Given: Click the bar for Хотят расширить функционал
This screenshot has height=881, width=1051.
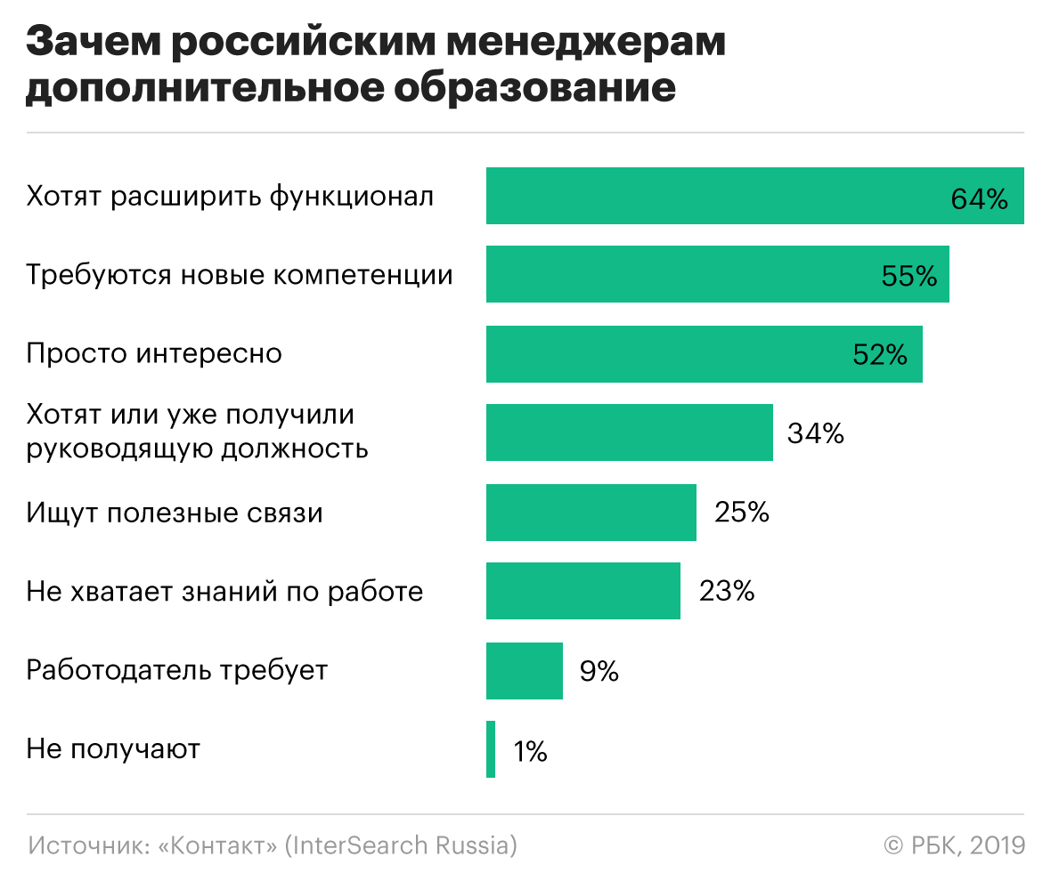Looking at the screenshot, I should [713, 196].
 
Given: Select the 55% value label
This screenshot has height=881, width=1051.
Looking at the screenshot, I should [909, 277].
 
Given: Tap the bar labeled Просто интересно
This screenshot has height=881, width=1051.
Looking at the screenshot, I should [668, 354].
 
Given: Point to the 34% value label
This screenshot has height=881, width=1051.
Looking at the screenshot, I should [815, 434].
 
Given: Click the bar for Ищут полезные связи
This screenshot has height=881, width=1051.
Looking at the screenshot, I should [591, 513].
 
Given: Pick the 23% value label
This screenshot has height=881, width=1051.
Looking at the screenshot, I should [727, 592].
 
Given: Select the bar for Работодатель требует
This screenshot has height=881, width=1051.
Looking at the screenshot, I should [524, 671].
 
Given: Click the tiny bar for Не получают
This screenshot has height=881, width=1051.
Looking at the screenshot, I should [491, 749].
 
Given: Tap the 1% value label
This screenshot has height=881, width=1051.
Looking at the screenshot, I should [530, 752].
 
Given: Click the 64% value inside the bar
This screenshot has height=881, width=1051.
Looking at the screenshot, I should [979, 198].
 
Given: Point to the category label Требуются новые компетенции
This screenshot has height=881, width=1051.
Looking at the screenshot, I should [239, 275].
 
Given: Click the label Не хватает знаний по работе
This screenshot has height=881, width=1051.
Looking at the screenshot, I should [224, 592].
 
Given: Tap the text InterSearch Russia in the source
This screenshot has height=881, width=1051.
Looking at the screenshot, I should [400, 845].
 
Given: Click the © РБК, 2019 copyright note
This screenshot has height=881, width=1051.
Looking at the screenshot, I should [954, 845].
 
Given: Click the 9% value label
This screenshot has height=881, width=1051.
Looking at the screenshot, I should [599, 672].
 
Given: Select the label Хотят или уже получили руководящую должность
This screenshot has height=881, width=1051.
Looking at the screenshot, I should [197, 432].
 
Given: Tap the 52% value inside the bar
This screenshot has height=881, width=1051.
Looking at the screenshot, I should [879, 356].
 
